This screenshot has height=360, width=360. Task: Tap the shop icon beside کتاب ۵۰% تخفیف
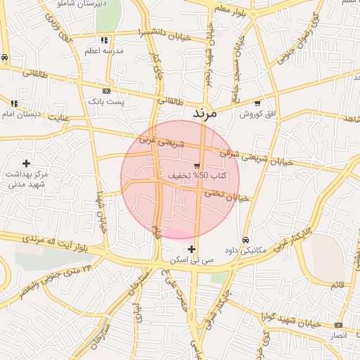(x=206, y=165)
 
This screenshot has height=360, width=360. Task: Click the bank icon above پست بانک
(x=106, y=91)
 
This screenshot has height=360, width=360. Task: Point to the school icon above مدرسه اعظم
(x=104, y=40)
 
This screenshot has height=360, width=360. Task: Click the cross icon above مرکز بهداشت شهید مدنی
(x=26, y=163)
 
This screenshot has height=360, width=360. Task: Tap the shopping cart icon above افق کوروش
(x=257, y=103)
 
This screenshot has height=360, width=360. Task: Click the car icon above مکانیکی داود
(x=245, y=239)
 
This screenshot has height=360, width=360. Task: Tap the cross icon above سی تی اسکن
(x=191, y=249)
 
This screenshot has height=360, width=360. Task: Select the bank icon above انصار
(x=339, y=326)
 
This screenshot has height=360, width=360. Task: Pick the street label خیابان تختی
(x=227, y=195)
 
